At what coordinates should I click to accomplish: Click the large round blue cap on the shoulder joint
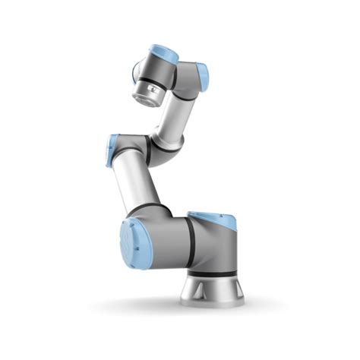click(x=137, y=242)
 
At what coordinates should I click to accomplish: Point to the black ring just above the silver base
click(x=210, y=273)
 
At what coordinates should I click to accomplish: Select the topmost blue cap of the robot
click(x=163, y=53)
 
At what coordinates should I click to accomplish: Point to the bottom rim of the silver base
click(x=212, y=302)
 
